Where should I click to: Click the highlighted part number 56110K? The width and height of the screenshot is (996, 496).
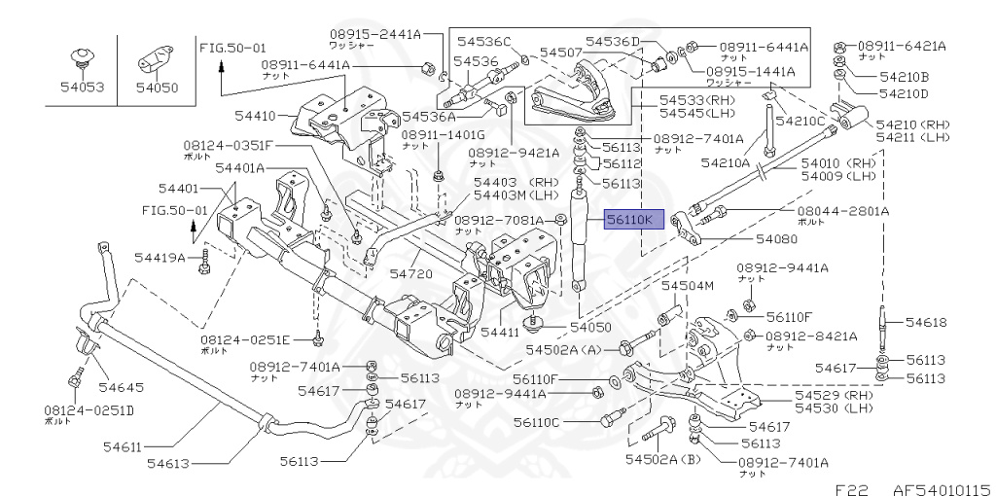coord(633,221)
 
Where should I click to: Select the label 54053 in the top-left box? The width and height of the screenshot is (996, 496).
coord(80,88)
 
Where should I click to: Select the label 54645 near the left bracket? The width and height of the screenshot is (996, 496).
coord(121,387)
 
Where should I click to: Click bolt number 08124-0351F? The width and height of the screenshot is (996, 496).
coord(229,146)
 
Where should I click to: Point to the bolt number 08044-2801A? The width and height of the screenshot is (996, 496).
coord(842,210)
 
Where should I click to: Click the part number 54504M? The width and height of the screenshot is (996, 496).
coord(688,286)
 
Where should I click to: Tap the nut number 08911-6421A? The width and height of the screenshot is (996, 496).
coord(901,46)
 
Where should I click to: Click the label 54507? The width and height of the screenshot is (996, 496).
coord(561,52)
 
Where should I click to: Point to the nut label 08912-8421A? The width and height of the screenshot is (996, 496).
coord(810,337)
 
